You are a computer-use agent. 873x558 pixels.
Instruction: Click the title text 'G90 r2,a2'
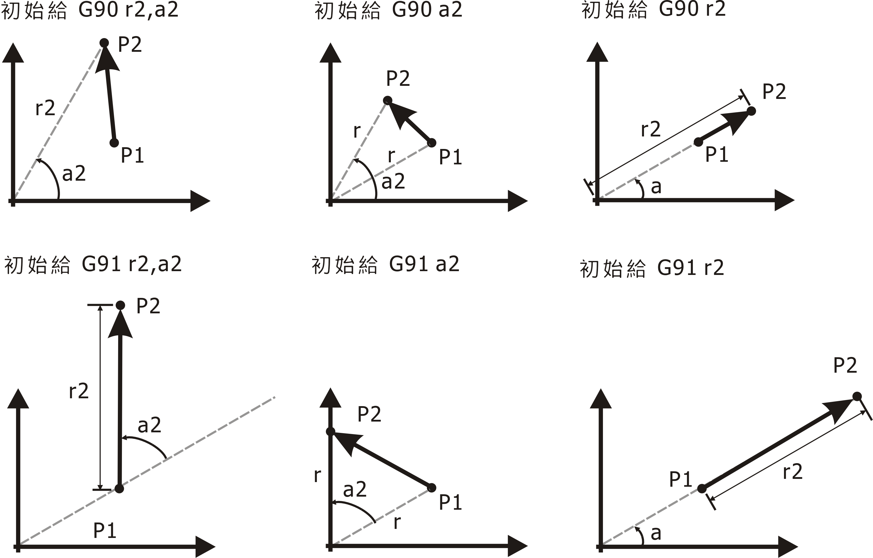(x=128, y=10)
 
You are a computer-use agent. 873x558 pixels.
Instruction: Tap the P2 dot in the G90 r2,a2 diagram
(x=104, y=43)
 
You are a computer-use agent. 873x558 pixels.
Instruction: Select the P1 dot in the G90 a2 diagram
(x=432, y=143)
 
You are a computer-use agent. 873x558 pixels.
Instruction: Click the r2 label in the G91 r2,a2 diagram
(x=79, y=391)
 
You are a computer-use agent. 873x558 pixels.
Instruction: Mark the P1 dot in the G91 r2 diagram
(x=702, y=488)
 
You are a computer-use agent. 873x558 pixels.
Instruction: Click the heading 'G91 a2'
(x=424, y=264)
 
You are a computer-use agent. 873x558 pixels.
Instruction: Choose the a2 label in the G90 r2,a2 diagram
(x=74, y=174)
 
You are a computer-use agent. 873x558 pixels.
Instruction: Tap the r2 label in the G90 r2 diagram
(x=651, y=129)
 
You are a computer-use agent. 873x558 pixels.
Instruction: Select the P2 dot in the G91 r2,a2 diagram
(x=120, y=305)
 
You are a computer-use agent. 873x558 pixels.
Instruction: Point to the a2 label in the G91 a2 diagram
(x=354, y=490)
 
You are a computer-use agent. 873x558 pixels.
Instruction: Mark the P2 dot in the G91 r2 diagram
(x=857, y=397)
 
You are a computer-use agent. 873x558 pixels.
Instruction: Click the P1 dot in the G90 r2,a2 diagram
(x=114, y=143)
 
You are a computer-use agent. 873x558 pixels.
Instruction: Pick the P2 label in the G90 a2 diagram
(x=398, y=78)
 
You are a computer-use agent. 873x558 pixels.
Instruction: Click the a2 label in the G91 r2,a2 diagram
(x=149, y=425)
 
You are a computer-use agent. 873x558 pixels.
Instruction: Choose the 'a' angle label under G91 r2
(x=656, y=533)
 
